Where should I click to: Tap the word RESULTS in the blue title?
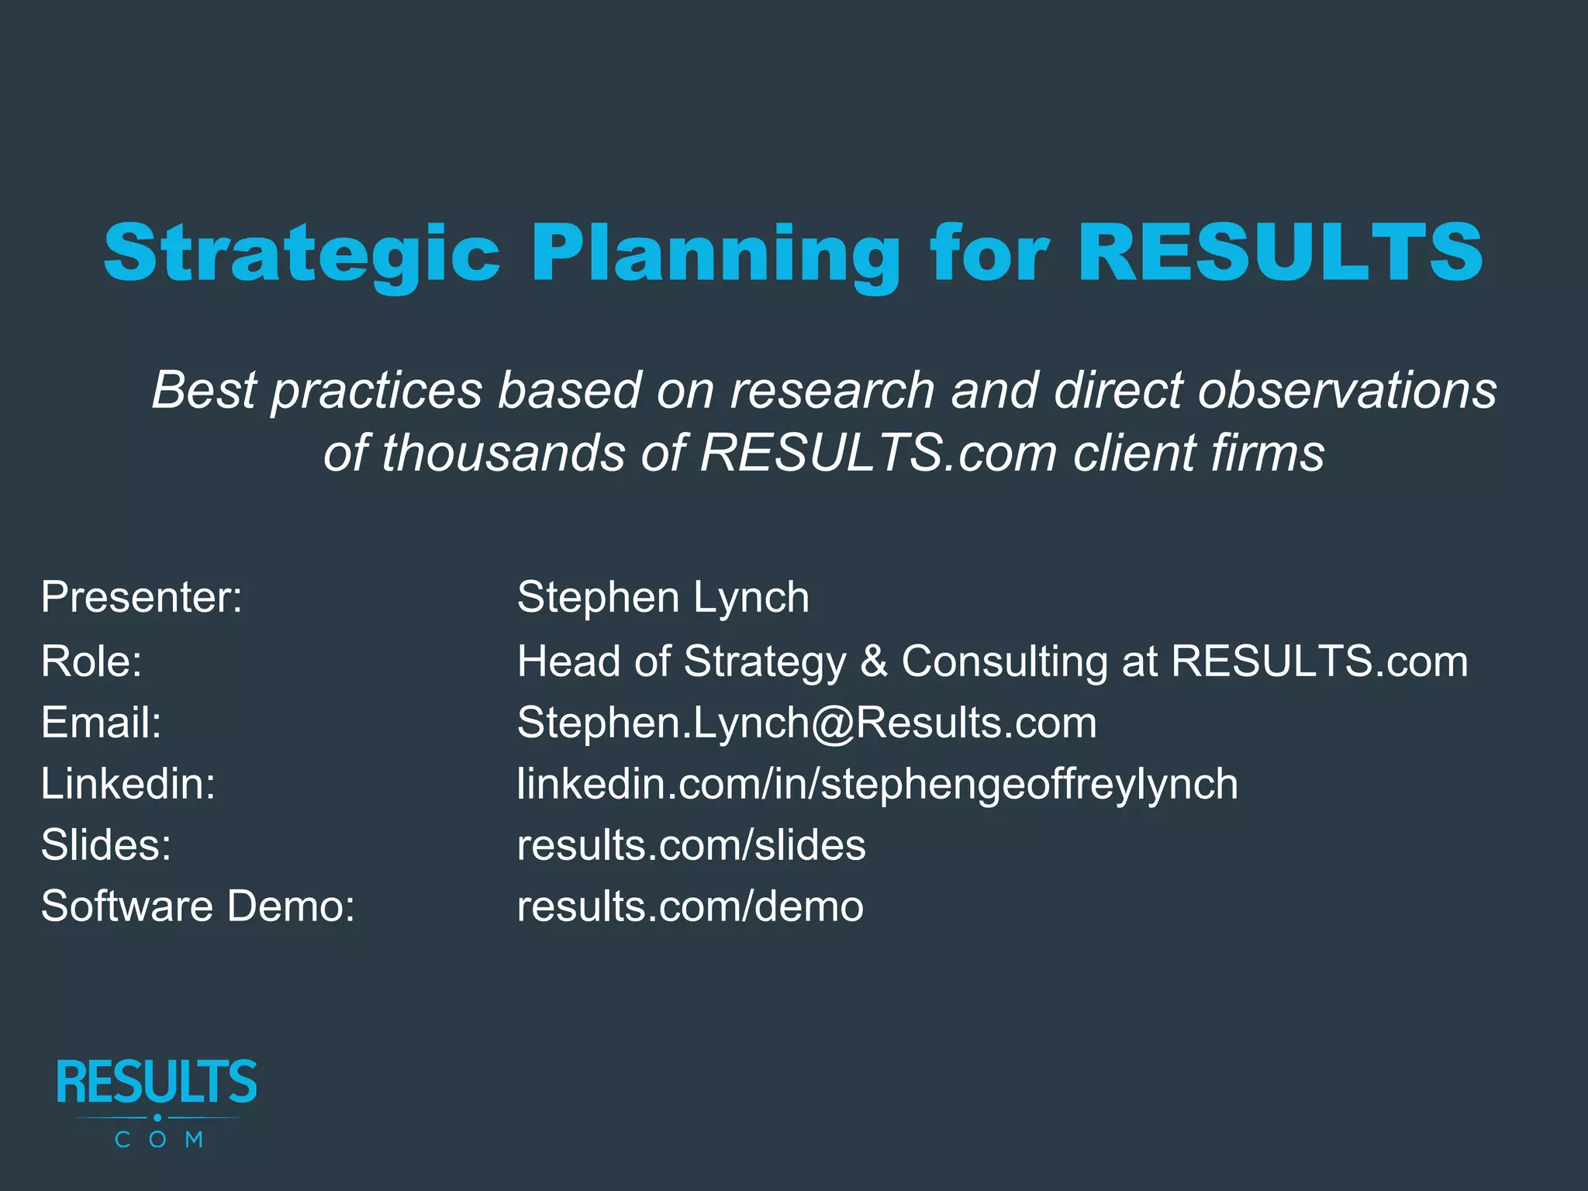tap(1279, 252)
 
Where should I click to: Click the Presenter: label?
tap(142, 598)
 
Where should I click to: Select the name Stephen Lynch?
tap(663, 598)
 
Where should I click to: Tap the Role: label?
tap(91, 661)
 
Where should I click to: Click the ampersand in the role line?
tap(874, 661)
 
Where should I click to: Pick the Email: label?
tap(101, 723)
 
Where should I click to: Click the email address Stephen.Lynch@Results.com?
tap(806, 723)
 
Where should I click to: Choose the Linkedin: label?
tap(128, 784)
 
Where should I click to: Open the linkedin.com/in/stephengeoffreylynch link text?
tap(877, 784)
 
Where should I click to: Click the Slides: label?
tap(106, 845)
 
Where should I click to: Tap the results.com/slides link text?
tap(691, 845)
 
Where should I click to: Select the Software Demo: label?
tap(198, 906)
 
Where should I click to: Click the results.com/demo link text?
tap(690, 906)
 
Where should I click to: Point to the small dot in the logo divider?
tap(157, 1117)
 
